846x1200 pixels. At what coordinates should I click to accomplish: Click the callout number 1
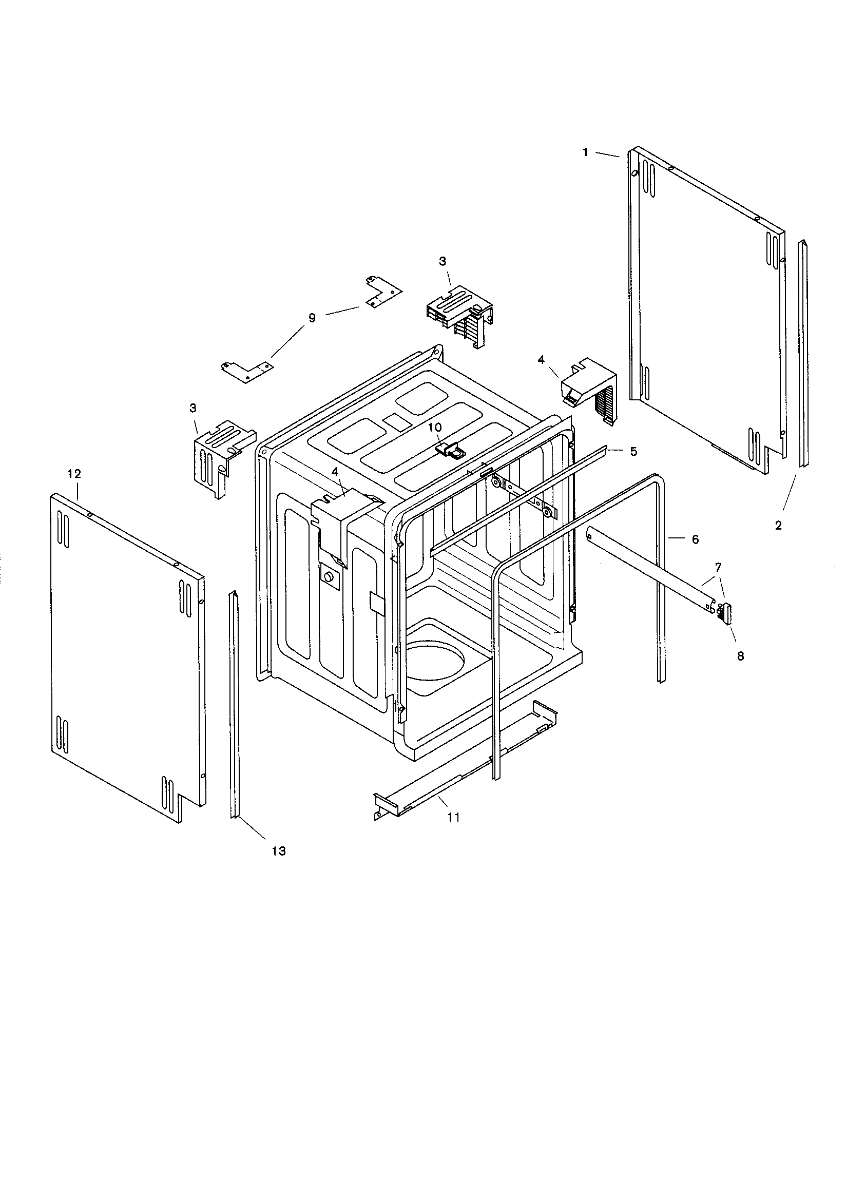click(586, 152)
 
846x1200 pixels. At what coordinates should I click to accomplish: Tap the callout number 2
click(778, 526)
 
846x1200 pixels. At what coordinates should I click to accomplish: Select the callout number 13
click(279, 851)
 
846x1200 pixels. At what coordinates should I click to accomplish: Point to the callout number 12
click(74, 474)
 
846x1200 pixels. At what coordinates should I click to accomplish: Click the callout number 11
click(454, 817)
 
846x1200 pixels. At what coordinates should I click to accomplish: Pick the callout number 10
click(435, 428)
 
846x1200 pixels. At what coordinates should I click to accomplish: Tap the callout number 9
click(312, 318)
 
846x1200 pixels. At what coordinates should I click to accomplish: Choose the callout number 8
click(740, 656)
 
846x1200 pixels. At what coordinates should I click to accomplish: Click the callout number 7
click(718, 567)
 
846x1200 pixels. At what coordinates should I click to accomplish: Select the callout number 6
click(696, 539)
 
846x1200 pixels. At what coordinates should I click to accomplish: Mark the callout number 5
click(633, 452)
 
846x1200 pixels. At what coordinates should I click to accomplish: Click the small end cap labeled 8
click(726, 612)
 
